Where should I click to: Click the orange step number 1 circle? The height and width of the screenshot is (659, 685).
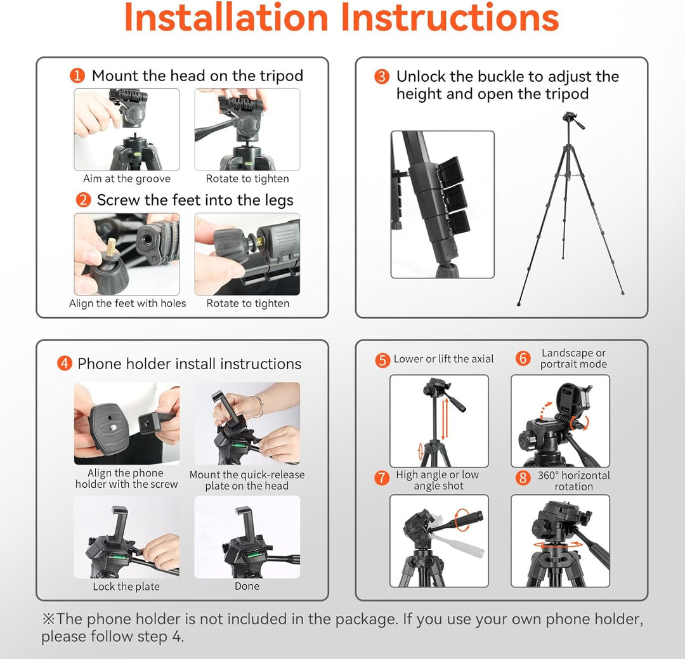tap(77, 76)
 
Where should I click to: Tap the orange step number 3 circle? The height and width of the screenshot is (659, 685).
tap(381, 77)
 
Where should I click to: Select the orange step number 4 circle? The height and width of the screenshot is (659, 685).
tap(65, 363)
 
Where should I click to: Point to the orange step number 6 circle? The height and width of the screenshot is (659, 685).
tap(523, 358)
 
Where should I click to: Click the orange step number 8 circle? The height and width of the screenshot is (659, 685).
tap(523, 478)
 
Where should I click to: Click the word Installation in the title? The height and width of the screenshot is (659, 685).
tap(226, 18)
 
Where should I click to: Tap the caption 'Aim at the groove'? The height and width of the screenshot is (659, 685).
tap(127, 179)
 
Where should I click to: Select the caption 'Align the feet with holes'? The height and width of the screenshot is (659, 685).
tap(127, 303)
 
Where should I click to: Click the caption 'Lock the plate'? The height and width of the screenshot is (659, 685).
tap(126, 587)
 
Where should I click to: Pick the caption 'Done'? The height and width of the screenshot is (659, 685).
tap(247, 586)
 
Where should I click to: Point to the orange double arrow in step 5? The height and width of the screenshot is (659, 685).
tap(444, 418)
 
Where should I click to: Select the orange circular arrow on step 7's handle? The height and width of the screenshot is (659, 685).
tap(462, 519)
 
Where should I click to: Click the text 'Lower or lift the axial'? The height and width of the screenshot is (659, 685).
tap(443, 359)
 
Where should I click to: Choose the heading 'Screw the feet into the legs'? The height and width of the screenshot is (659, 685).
tap(195, 200)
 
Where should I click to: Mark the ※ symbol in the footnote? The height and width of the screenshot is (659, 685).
tap(48, 619)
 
